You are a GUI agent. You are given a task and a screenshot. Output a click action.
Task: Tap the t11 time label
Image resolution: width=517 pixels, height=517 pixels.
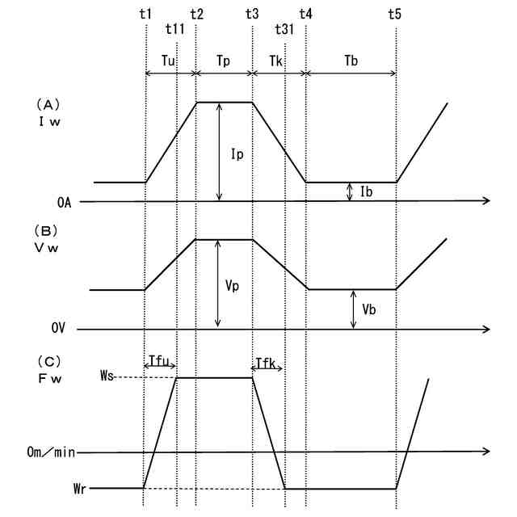click(x=174, y=30)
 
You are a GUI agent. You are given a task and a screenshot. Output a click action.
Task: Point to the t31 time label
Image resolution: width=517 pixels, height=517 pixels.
click(x=284, y=30)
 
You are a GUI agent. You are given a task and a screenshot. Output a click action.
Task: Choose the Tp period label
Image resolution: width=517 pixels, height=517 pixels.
click(x=225, y=61)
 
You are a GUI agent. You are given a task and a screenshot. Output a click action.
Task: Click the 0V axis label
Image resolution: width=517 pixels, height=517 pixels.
click(x=60, y=329)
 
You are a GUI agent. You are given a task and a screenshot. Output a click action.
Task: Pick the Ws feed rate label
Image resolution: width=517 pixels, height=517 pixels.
click(x=108, y=376)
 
